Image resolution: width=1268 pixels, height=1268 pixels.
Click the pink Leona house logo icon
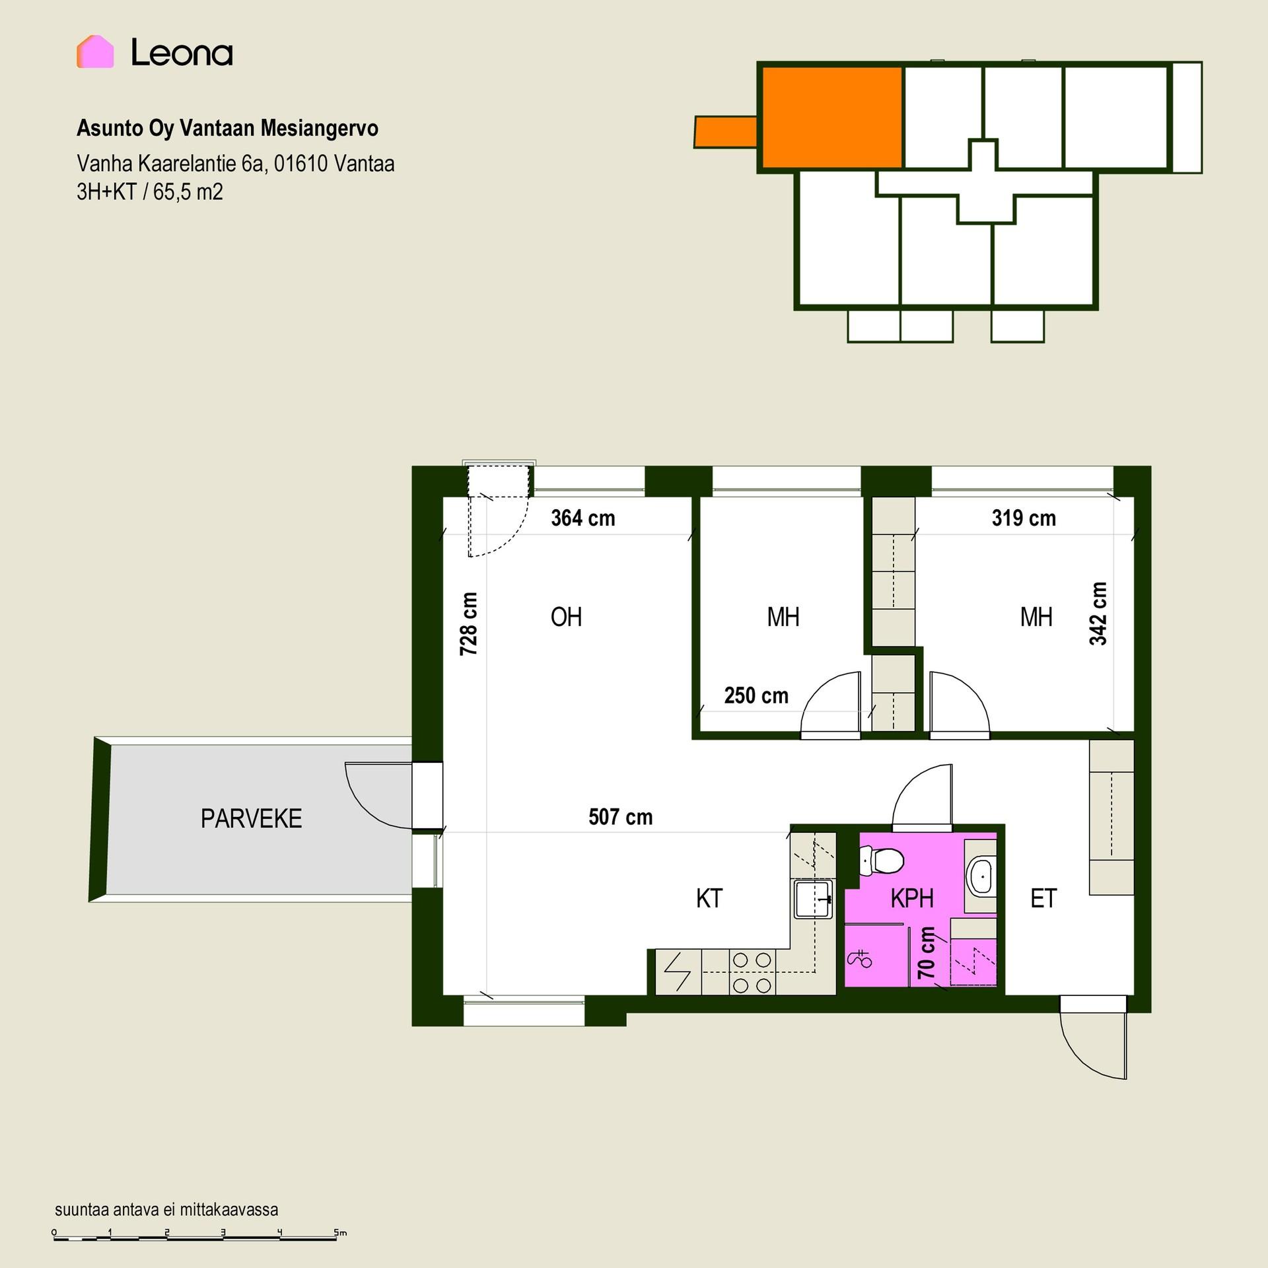point(95,52)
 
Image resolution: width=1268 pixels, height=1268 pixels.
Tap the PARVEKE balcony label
point(251,819)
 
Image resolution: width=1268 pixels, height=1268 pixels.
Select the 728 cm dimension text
point(468,623)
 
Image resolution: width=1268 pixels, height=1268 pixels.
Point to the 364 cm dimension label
point(583,518)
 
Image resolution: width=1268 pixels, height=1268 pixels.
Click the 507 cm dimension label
point(621,818)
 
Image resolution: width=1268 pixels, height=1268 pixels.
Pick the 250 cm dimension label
point(756,696)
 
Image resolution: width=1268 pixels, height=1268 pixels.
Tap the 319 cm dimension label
point(1024,518)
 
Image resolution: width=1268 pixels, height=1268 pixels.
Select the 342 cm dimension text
point(1098,614)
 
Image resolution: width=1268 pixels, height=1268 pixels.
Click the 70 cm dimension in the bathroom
point(927,953)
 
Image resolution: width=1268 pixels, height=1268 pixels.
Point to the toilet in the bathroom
point(882,861)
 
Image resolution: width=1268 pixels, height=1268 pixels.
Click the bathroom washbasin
point(981,876)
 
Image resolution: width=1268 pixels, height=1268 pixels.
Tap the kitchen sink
point(813,899)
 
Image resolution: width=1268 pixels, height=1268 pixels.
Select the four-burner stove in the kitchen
point(752,972)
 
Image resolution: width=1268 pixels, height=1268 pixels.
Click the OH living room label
point(566,617)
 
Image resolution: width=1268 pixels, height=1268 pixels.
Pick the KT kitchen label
point(709,899)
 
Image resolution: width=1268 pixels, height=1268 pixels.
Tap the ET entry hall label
point(1043,899)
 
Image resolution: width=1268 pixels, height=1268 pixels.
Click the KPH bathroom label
point(912,899)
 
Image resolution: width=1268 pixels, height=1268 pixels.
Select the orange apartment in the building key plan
point(832,117)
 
